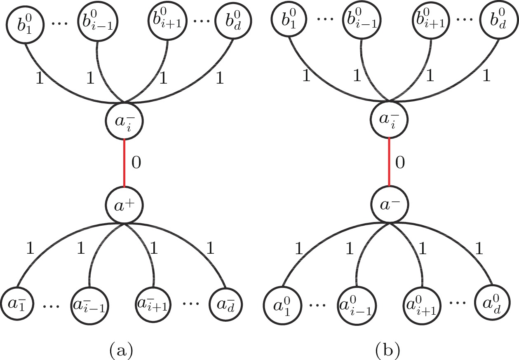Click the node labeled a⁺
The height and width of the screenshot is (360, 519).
click(x=124, y=206)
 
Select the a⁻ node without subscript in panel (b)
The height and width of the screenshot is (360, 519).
click(x=390, y=204)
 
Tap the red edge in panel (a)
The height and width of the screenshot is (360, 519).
click(x=124, y=163)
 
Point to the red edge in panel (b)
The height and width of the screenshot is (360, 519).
click(x=389, y=162)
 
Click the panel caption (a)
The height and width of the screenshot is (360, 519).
click(x=121, y=350)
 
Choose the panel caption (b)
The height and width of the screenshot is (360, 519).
click(x=387, y=350)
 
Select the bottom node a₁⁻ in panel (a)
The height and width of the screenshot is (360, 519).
click(x=17, y=304)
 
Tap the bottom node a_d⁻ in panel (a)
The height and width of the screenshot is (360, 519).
click(x=225, y=304)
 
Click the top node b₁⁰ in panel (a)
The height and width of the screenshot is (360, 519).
click(x=25, y=24)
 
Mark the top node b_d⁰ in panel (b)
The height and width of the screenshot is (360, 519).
click(x=499, y=20)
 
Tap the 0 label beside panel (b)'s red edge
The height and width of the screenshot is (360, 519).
click(x=400, y=162)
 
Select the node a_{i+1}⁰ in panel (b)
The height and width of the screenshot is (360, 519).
click(x=422, y=306)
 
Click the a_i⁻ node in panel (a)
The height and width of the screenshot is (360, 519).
click(x=124, y=121)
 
